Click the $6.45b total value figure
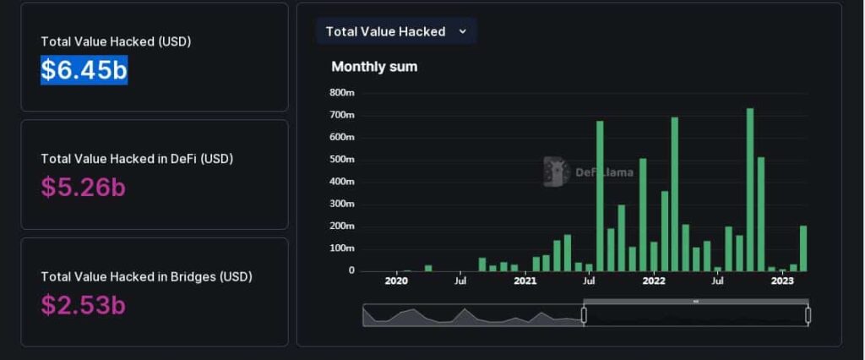[84, 69]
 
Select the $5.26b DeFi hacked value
[83, 187]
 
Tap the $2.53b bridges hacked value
[83, 304]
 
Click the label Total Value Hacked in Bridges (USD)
[146, 276]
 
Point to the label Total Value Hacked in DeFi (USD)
[137, 158]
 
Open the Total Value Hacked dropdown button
[396, 31]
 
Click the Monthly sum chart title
[374, 66]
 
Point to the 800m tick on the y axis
[341, 92]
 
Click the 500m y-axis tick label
[341, 159]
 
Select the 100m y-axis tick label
[341, 248]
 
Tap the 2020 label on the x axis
[396, 281]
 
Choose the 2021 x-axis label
[525, 281]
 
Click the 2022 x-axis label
[654, 281]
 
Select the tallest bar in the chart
[749, 189]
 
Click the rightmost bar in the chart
[803, 248]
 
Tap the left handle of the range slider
[584, 315]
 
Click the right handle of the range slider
[808, 315]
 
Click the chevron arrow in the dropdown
[462, 31]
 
